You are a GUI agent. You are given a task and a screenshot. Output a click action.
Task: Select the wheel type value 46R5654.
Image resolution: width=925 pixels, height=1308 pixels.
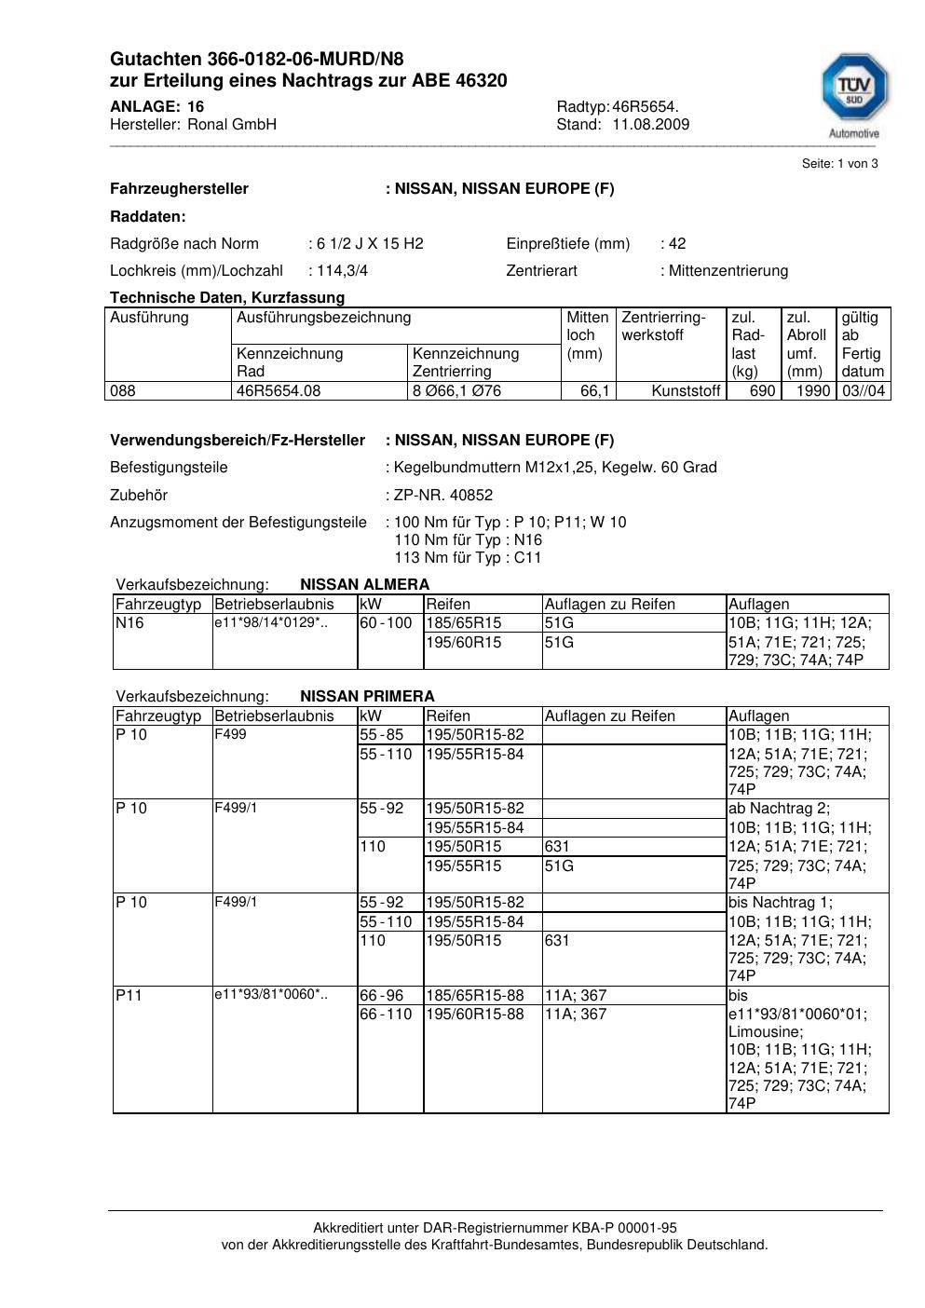pyautogui.click(x=646, y=106)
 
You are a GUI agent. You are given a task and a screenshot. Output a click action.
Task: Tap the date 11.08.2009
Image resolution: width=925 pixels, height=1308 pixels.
pyautogui.click(x=650, y=125)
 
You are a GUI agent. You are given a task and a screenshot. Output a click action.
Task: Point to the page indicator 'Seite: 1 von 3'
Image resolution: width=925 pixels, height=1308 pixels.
pyautogui.click(x=839, y=164)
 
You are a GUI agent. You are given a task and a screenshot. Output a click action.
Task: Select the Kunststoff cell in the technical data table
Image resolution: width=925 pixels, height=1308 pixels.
pyautogui.click(x=687, y=391)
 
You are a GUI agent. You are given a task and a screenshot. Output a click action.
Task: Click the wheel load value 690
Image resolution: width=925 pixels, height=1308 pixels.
pyautogui.click(x=762, y=391)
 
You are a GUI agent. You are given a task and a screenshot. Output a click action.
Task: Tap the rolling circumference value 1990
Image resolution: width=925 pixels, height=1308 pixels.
pyautogui.click(x=812, y=391)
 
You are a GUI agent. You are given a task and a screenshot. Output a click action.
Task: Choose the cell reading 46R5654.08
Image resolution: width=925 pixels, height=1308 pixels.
pyautogui.click(x=279, y=391)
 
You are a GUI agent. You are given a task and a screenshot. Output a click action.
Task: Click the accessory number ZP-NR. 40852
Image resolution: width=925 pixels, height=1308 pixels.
pyautogui.click(x=443, y=496)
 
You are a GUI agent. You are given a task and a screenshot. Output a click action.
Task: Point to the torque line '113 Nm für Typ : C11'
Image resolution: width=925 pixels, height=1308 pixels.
pyautogui.click(x=468, y=558)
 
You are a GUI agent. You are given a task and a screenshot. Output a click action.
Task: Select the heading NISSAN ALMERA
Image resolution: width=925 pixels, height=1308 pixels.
pyautogui.click(x=364, y=585)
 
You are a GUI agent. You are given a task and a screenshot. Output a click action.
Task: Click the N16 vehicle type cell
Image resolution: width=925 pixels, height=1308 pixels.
pyautogui.click(x=129, y=623)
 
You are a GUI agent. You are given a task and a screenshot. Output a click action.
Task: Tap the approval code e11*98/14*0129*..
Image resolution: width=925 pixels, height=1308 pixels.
pyautogui.click(x=270, y=622)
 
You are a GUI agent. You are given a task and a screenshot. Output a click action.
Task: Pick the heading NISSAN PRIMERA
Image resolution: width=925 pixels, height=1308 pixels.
pyautogui.click(x=367, y=697)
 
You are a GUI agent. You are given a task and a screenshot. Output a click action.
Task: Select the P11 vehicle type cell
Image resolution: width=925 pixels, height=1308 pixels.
pyautogui.click(x=129, y=996)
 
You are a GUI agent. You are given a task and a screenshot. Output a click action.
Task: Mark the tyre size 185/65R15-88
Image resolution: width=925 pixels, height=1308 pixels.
pyautogui.click(x=475, y=996)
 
